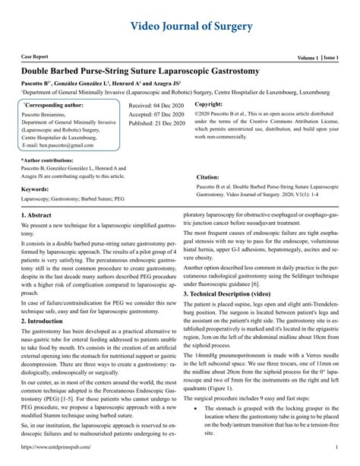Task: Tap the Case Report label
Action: coord(36,58)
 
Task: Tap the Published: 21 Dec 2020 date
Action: coord(157,122)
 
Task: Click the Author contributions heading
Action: coord(52,160)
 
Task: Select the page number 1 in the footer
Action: coord(336,458)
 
